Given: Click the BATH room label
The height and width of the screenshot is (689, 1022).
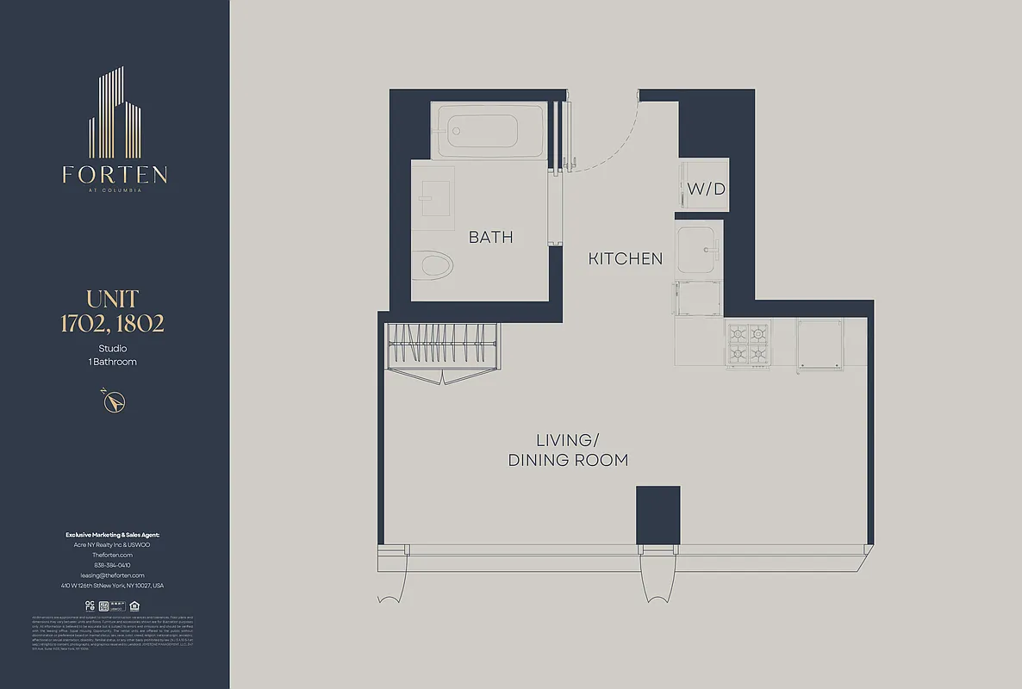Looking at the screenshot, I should pyautogui.click(x=490, y=237).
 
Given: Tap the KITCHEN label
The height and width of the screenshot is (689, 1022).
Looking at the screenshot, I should pyautogui.click(x=626, y=258).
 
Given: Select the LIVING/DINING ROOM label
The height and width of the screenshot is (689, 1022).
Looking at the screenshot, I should pyautogui.click(x=568, y=450).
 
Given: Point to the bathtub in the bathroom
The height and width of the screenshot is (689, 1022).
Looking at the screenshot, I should pyautogui.click(x=487, y=130).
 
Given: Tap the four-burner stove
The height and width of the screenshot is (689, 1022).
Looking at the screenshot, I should pyautogui.click(x=748, y=344).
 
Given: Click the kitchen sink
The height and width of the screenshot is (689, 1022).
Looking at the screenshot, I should pyautogui.click(x=698, y=249).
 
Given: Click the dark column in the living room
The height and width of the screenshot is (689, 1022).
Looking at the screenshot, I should pyautogui.click(x=657, y=515).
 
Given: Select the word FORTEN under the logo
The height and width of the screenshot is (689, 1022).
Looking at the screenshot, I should pyautogui.click(x=115, y=175).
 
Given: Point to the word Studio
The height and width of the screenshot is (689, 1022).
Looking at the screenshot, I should pyautogui.click(x=112, y=348).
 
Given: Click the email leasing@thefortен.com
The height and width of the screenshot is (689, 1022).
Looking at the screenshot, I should pyautogui.click(x=112, y=575).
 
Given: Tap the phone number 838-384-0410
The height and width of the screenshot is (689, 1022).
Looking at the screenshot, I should pyautogui.click(x=112, y=565).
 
